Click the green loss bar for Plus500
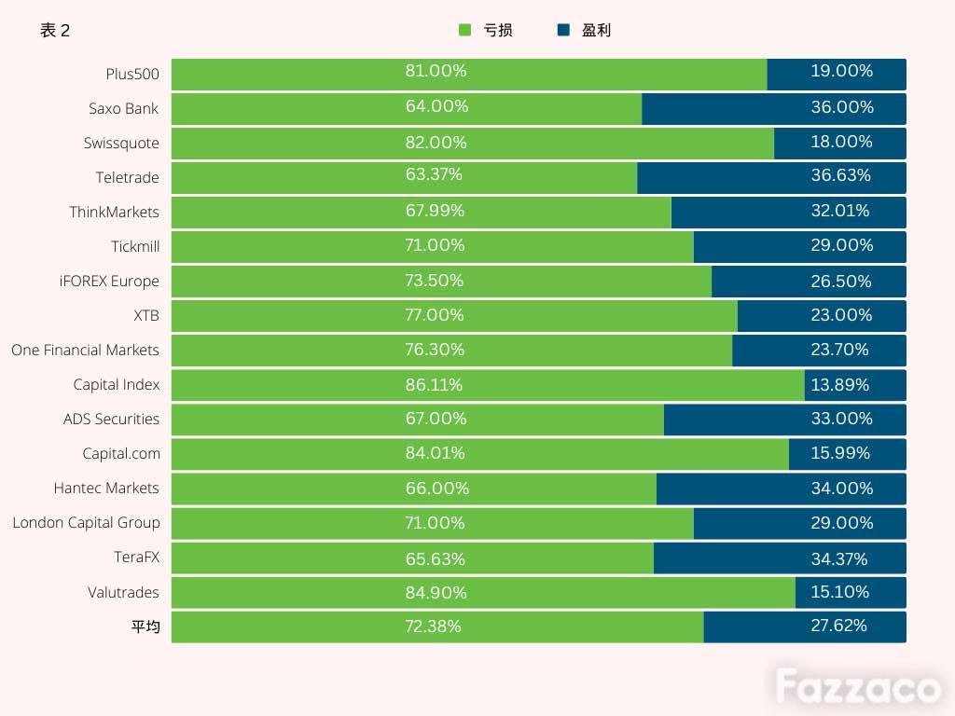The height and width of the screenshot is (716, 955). point(469,75)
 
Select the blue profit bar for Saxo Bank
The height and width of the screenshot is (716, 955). point(773,109)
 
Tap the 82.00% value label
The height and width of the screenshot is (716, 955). point(436,143)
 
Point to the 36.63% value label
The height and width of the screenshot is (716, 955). point(840,175)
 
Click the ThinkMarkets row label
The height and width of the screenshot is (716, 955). point(114,212)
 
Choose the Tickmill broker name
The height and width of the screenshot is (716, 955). point(135,246)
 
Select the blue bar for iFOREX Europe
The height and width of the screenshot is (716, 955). point(809,282)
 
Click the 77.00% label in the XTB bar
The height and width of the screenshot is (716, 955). point(435,315)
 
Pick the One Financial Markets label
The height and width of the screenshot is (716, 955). point(85,351)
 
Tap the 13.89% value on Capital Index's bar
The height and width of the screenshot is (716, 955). point(840,385)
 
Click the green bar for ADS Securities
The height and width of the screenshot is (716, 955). point(418,420)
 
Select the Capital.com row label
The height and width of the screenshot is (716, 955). point(121,454)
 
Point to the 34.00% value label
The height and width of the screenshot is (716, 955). point(842,489)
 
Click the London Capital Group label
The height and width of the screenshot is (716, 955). point(87,523)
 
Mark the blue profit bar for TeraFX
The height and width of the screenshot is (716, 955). point(780,558)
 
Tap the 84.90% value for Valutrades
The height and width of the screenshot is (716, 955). point(436,592)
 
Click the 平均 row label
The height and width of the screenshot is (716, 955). point(145,626)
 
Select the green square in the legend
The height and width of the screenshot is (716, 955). point(464,30)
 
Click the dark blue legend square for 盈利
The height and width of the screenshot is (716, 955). point(563,30)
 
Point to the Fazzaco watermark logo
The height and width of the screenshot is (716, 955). point(858,686)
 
